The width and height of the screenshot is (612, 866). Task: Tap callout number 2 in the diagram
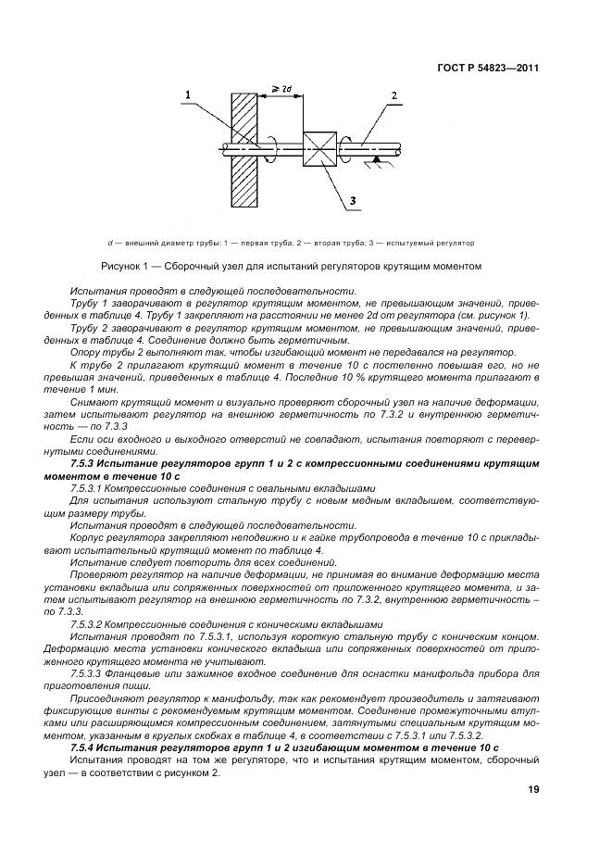click(x=393, y=95)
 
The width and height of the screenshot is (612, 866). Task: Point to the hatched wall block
click(x=244, y=147)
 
